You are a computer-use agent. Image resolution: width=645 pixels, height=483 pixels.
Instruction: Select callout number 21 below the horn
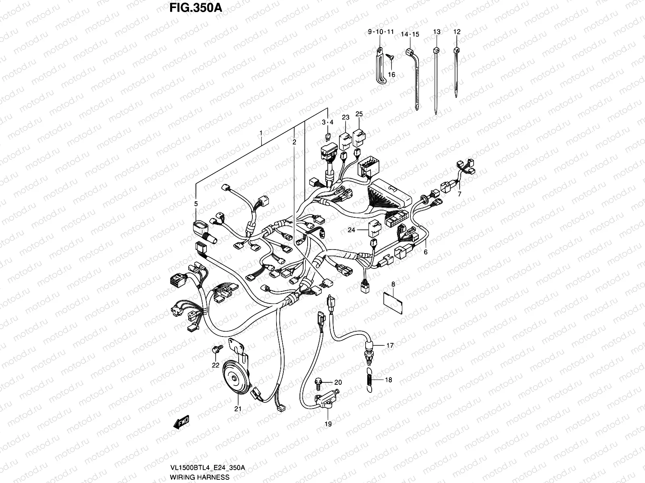coord(238,409)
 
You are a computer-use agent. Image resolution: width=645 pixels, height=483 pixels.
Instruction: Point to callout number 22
coord(216,365)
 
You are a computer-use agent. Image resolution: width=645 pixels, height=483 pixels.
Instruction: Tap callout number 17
coord(390,345)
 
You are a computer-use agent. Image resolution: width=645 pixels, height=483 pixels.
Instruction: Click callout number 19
coord(328,424)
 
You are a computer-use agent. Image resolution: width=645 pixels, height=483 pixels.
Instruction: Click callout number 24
coord(352,230)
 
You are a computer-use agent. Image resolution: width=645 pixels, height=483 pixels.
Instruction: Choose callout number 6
coord(425,252)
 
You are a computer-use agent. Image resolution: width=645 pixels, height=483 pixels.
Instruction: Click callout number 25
coord(359,114)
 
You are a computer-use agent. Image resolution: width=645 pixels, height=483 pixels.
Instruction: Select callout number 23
coord(345,118)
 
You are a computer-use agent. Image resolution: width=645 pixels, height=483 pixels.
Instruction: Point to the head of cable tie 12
coord(456,50)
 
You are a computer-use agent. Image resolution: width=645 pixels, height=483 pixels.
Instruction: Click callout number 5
coord(196,204)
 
